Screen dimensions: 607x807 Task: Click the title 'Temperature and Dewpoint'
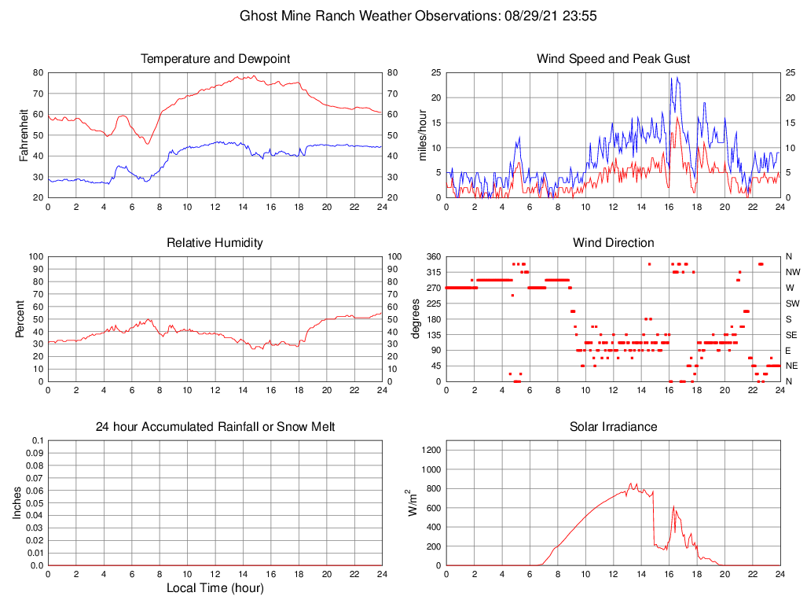[x=215, y=59]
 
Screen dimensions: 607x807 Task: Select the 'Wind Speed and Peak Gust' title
[x=613, y=59]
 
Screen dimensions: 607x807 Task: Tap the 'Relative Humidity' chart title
[x=215, y=243]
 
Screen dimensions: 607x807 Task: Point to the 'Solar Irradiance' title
[x=613, y=427]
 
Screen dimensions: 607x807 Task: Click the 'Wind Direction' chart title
[x=613, y=243]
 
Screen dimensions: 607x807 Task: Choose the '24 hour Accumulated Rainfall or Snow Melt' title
[x=215, y=427]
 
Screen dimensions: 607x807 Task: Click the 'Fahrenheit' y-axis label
[x=24, y=134]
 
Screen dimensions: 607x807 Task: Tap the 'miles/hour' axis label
[x=423, y=134]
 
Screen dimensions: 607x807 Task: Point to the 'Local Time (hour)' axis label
[x=215, y=588]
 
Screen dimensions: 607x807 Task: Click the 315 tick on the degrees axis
[x=432, y=272]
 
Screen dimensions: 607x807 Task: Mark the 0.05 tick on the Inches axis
[x=34, y=503]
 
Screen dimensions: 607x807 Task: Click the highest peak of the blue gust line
[x=672, y=77]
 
